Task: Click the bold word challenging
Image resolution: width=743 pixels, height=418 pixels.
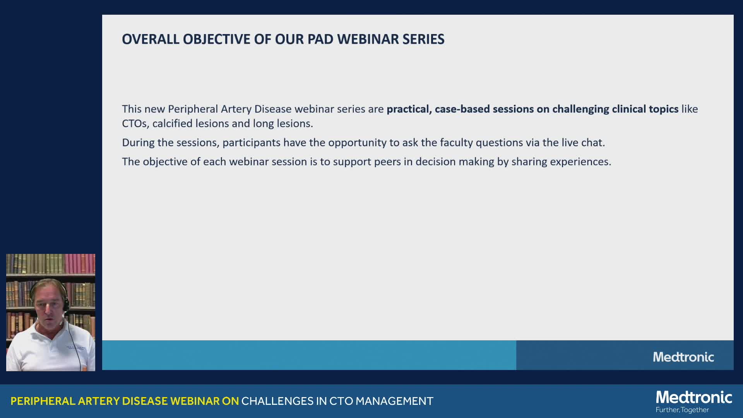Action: tap(580, 109)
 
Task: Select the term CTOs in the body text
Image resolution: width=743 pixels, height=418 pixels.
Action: tap(135, 123)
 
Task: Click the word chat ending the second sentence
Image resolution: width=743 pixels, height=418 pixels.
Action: tap(593, 142)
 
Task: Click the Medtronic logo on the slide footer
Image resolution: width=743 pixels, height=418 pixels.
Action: tap(683, 357)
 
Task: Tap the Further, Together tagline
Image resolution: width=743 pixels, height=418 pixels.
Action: tap(682, 410)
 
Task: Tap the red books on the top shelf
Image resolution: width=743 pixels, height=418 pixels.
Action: tap(79, 264)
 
